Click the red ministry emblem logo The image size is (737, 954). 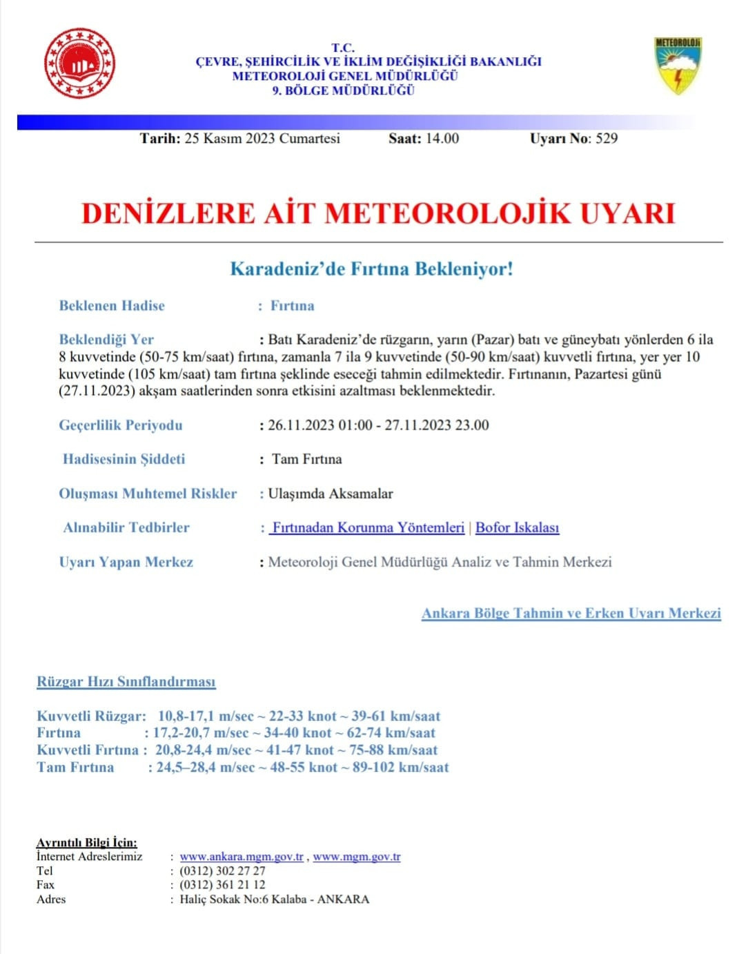[x=79, y=64]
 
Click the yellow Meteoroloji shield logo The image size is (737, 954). [x=678, y=66]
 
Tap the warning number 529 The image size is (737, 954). [x=607, y=138]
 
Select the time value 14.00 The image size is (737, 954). [x=442, y=138]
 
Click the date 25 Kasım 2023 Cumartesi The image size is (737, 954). [x=262, y=138]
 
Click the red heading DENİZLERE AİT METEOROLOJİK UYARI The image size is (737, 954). [x=378, y=213]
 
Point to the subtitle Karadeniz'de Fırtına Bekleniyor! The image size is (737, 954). [x=371, y=269]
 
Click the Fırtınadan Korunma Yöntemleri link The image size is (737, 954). [x=367, y=527]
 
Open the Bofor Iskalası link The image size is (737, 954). [x=517, y=527]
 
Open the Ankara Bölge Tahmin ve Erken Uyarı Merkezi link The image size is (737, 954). [x=571, y=613]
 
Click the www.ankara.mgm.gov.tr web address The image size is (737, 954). [x=242, y=857]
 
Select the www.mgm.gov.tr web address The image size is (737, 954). [x=356, y=857]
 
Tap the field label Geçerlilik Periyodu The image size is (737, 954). [x=121, y=425]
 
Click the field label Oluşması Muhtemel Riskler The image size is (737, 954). [x=148, y=493]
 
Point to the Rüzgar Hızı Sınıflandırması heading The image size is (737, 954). [x=126, y=681]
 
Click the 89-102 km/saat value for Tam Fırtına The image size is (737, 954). [x=400, y=767]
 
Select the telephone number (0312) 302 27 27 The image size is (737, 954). [x=222, y=870]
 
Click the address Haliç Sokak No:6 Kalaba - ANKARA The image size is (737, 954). [x=274, y=899]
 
